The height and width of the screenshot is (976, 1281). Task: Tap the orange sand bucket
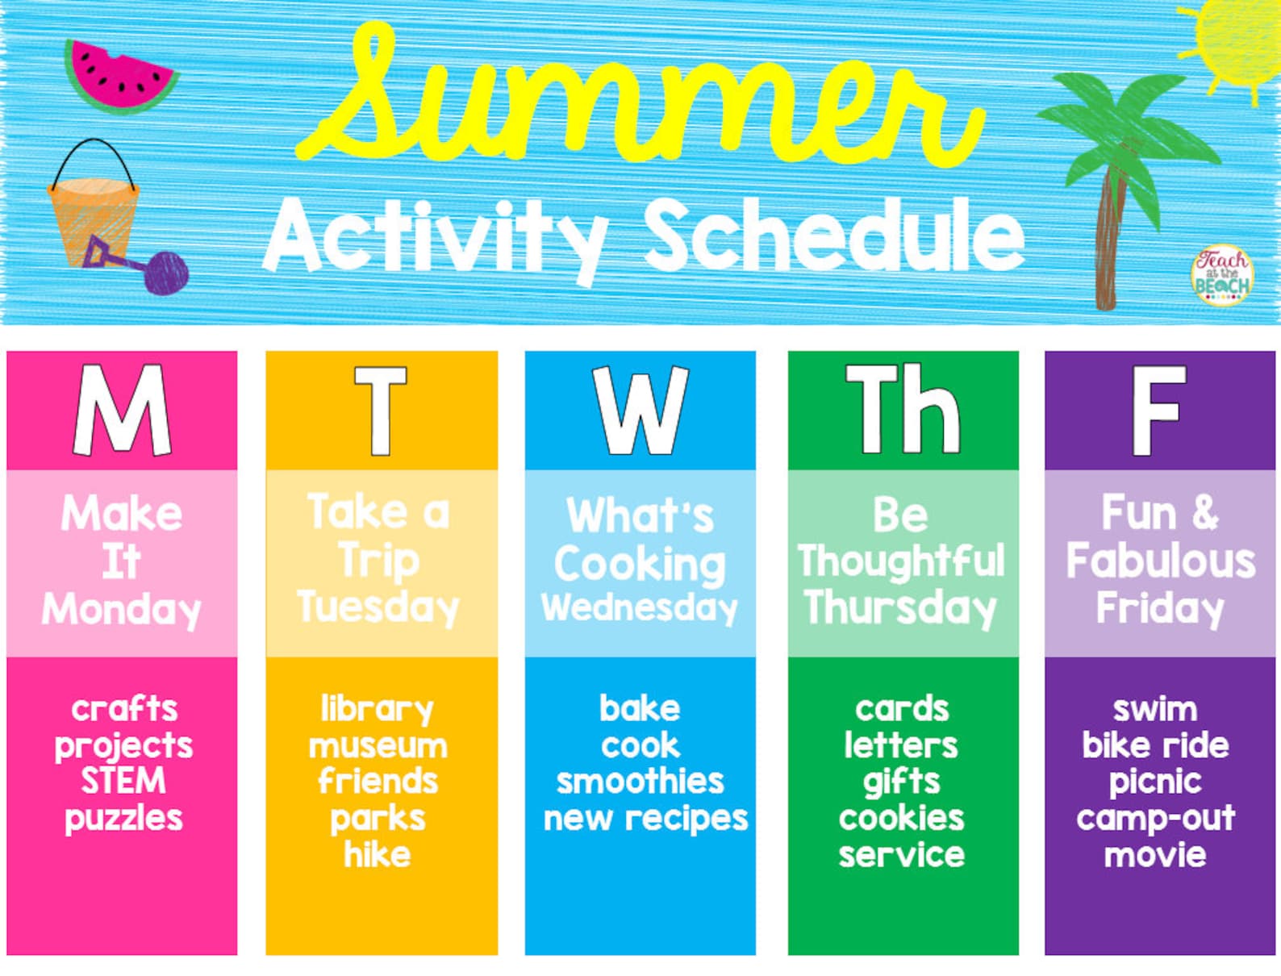click(x=93, y=218)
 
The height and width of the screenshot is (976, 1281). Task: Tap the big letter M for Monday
click(x=122, y=410)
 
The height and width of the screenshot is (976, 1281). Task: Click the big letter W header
click(x=640, y=410)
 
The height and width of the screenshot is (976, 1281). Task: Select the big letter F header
click(x=1158, y=410)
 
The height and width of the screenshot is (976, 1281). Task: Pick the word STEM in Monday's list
click(x=123, y=781)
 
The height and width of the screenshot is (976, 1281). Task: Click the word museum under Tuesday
click(x=378, y=745)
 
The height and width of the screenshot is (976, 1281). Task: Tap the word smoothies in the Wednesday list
click(x=640, y=781)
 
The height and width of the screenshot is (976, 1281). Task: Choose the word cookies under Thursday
click(x=901, y=818)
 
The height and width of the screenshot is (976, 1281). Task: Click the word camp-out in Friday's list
click(x=1155, y=818)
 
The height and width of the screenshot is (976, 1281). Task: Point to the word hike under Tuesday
click(x=378, y=854)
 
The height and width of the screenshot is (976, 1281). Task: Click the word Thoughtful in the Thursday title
click(x=901, y=561)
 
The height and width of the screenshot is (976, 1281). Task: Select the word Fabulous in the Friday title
click(x=1160, y=561)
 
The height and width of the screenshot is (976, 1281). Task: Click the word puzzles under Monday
click(x=123, y=818)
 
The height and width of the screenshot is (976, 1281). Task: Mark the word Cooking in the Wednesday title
click(x=640, y=563)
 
